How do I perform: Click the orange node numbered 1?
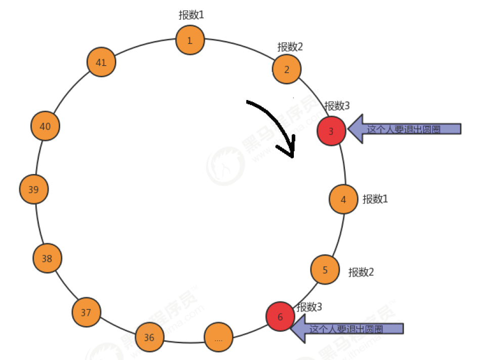190,40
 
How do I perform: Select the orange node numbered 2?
287,69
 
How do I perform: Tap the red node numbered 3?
331,131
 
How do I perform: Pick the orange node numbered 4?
343,199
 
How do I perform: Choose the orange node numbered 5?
325,269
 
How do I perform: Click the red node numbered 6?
280,316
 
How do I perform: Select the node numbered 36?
149,337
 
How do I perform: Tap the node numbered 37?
86,312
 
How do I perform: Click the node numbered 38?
47,258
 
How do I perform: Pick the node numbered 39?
33,190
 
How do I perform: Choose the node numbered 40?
45,126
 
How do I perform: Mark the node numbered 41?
101,62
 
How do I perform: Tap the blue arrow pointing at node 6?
349,328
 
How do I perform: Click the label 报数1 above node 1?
191,15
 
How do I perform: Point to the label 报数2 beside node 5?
361,272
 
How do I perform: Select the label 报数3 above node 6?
310,306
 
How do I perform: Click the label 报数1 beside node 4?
375,199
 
